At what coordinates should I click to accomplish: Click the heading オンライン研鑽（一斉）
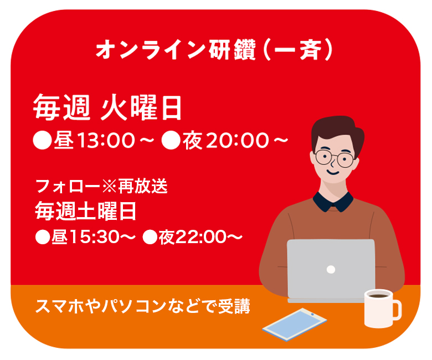214,50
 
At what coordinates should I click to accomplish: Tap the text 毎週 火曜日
107,107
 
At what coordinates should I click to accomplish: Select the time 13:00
106,141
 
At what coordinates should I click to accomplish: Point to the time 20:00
238,141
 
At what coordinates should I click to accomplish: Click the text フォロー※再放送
102,186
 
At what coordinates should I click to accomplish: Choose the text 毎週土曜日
86,211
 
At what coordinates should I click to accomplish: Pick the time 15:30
94,237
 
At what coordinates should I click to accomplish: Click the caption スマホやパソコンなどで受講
143,306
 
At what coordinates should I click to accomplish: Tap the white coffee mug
382,308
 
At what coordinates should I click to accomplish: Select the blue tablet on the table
294,324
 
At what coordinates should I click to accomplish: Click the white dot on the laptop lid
331,269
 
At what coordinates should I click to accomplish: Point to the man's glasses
334,158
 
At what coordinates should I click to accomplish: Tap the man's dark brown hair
337,130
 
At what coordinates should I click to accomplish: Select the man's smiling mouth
333,172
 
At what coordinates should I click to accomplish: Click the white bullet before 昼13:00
43,140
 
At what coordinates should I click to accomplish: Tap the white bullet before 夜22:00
150,237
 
